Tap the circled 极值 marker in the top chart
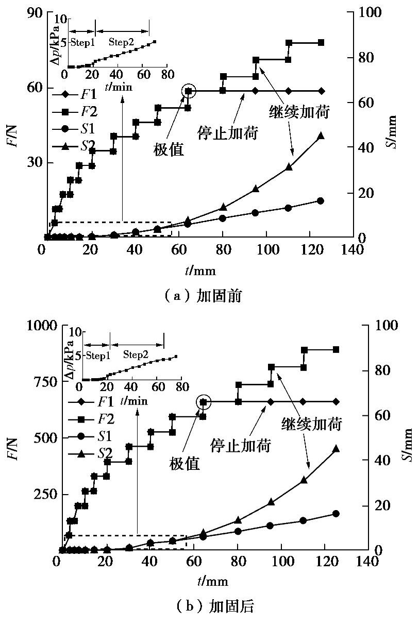point(189,91)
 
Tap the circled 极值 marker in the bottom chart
point(203,402)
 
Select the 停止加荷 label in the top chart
point(228,133)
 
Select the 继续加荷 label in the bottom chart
point(312,424)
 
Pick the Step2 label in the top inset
point(121,42)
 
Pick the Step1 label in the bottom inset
point(98,355)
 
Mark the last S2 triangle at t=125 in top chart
point(321,136)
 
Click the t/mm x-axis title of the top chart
point(200,269)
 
